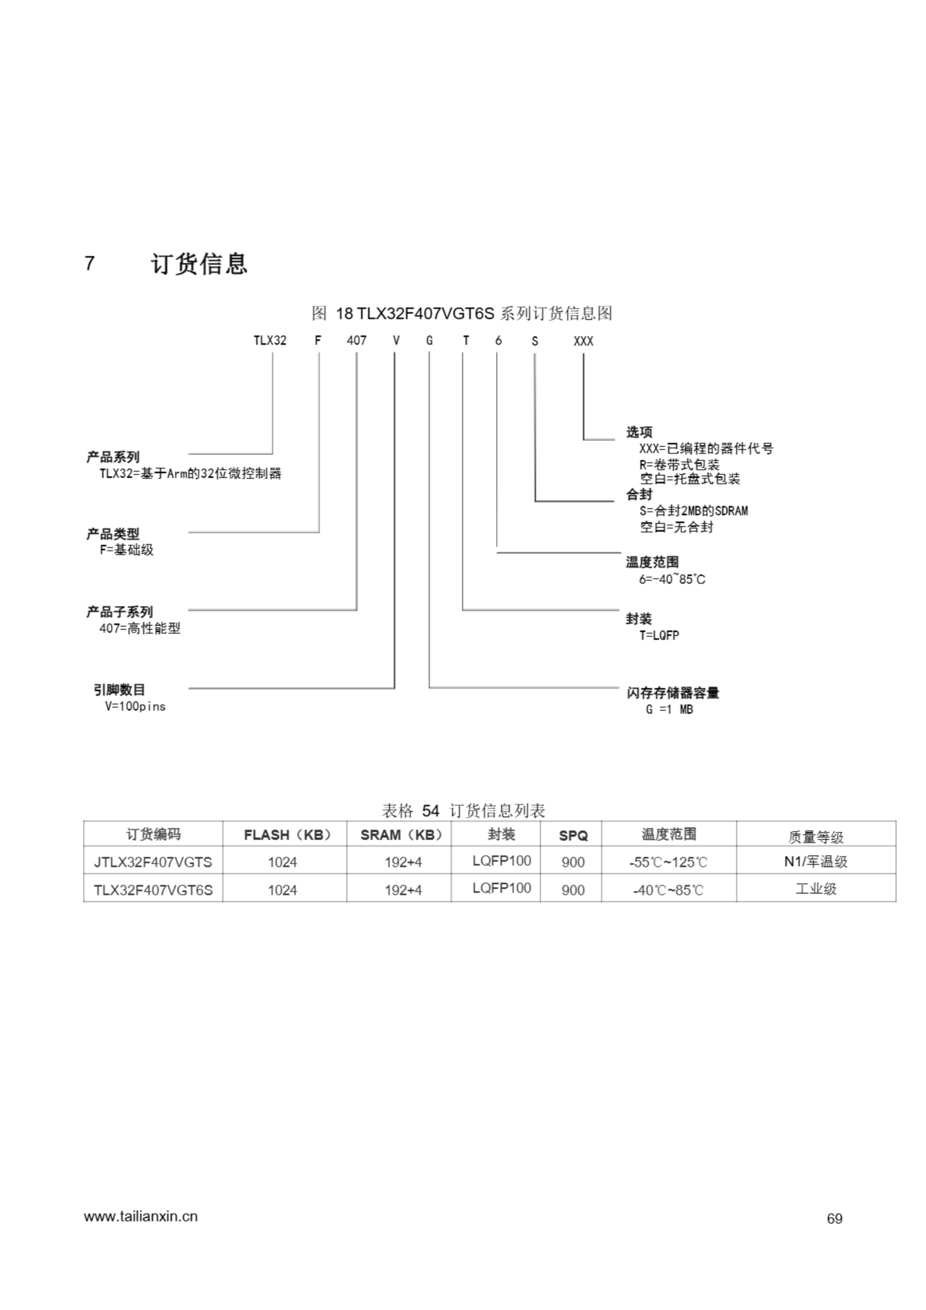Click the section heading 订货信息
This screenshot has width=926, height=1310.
click(199, 264)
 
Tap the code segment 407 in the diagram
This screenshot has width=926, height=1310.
click(357, 341)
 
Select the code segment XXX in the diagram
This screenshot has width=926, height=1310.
click(583, 341)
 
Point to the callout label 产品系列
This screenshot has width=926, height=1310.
click(113, 457)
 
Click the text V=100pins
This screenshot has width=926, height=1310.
click(135, 706)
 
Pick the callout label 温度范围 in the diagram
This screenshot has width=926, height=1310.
click(652, 562)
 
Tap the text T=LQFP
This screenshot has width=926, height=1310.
click(659, 635)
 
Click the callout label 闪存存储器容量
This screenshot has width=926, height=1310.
click(673, 693)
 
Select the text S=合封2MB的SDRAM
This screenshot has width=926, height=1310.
click(693, 511)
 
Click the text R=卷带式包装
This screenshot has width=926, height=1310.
click(679, 465)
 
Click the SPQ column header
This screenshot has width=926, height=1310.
click(573, 835)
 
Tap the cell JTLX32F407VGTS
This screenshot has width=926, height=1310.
click(153, 862)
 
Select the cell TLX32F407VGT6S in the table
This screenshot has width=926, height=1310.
click(153, 890)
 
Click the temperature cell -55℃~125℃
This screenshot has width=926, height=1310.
click(668, 862)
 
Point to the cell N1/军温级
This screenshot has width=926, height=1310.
click(815, 862)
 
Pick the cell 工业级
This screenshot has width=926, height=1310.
click(816, 889)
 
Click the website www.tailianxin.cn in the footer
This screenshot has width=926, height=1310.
click(141, 1216)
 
